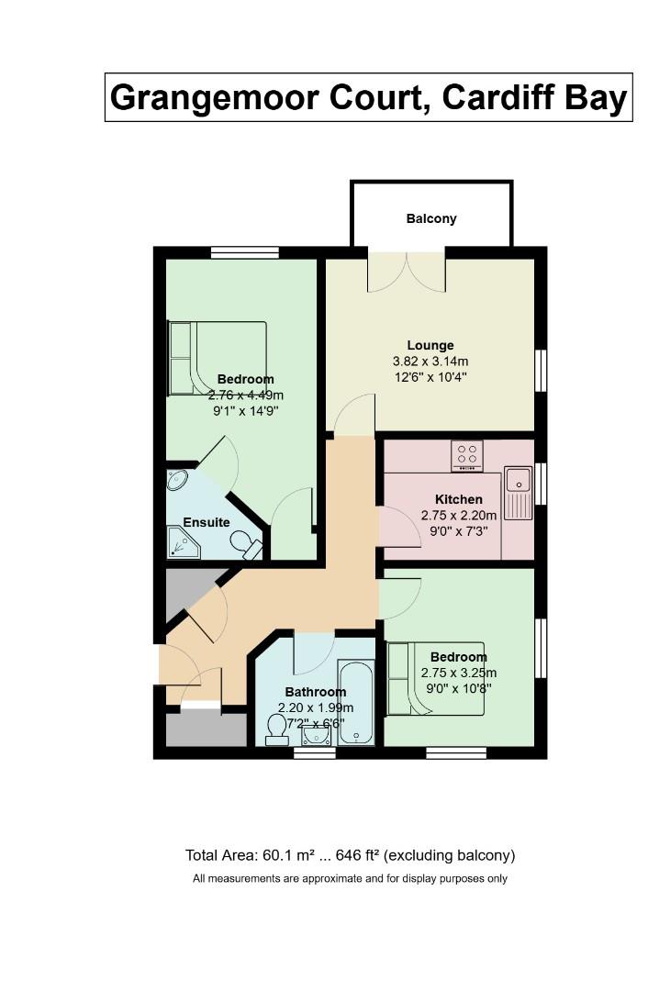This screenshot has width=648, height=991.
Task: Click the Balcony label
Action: click(430, 219)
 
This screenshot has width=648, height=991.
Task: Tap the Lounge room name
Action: click(430, 346)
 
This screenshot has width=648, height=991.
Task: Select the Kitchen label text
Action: click(458, 500)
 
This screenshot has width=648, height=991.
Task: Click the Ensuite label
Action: click(207, 522)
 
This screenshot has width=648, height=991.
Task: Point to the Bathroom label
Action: click(315, 692)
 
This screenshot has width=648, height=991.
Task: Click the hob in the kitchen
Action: click(467, 455)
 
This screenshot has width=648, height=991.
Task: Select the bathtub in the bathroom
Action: click(356, 702)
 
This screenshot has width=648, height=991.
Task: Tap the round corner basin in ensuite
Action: click(177, 480)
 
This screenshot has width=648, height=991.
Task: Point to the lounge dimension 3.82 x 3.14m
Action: click(430, 362)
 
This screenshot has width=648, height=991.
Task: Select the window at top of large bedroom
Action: click(244, 252)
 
